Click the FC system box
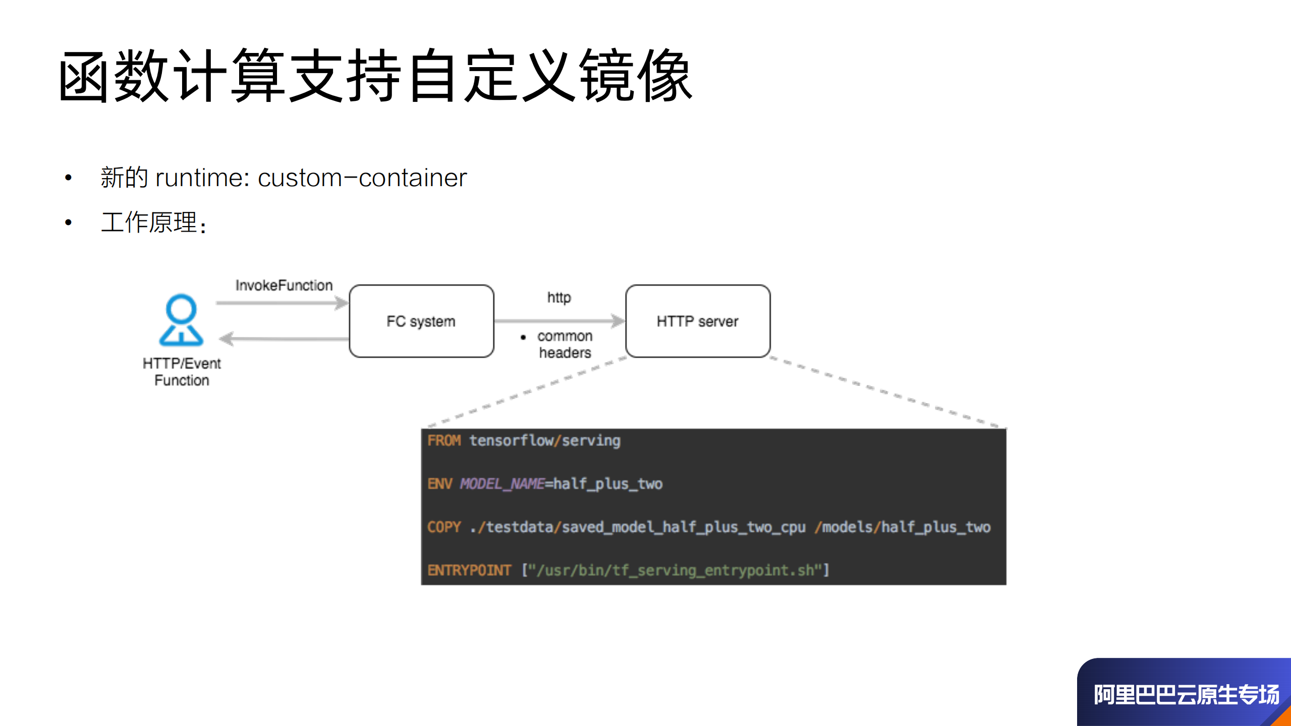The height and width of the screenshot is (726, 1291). point(421,321)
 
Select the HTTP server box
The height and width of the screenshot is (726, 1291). point(697,321)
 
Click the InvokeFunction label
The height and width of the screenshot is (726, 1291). point(284,286)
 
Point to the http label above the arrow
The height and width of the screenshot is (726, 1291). point(559,297)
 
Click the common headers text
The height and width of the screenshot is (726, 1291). point(565,344)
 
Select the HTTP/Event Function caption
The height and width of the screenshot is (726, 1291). point(182,371)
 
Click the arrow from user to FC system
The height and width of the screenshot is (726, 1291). point(282,303)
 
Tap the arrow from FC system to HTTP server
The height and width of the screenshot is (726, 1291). point(559,320)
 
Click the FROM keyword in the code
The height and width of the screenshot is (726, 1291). point(444,441)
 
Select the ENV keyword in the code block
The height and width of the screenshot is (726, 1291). point(439,484)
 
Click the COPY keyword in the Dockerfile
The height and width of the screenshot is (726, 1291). point(444,527)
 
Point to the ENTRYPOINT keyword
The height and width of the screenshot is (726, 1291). point(469,571)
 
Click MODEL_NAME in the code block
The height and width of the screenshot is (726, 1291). point(502,484)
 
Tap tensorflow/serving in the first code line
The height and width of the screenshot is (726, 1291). point(545,441)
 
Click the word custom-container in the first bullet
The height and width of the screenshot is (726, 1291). point(362,178)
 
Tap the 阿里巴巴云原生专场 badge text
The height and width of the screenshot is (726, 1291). point(1186,695)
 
